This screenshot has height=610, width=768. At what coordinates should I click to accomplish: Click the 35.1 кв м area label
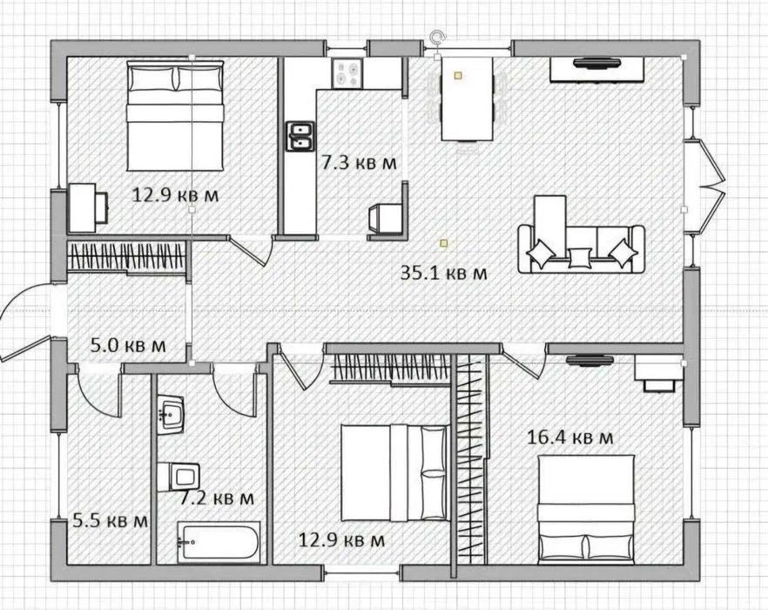click(x=444, y=273)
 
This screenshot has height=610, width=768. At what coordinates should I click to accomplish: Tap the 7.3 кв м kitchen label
click(x=359, y=162)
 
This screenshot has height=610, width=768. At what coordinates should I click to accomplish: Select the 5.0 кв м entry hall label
click(x=128, y=345)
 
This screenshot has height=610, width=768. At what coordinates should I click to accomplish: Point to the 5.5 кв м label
click(x=110, y=520)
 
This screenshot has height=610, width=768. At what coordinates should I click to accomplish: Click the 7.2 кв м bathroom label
click(x=217, y=498)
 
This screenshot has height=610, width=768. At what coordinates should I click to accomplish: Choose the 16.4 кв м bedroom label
click(x=569, y=437)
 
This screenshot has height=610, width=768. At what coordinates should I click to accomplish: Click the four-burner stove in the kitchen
click(x=347, y=73)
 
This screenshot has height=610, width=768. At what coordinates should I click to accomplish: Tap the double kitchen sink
click(x=300, y=136)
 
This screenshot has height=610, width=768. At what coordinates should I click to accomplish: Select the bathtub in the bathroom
click(x=218, y=542)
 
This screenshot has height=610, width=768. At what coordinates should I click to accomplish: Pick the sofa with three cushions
click(x=582, y=249)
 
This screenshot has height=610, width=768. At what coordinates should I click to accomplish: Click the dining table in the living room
click(x=468, y=98)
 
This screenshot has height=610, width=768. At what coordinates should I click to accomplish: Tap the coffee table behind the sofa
click(x=550, y=212)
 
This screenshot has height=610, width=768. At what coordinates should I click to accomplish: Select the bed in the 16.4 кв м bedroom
click(x=586, y=510)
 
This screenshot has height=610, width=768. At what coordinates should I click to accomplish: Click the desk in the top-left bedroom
click(x=82, y=207)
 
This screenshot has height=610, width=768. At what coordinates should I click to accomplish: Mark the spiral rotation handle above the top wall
click(x=436, y=37)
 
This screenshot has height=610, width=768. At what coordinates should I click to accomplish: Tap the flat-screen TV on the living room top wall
click(x=597, y=62)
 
